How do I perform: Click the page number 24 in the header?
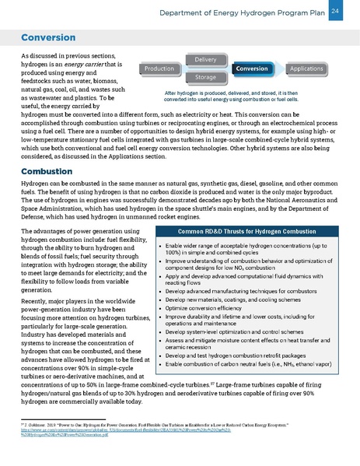click(335, 11)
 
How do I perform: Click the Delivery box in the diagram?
click(205, 60)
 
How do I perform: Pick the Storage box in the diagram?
click(205, 78)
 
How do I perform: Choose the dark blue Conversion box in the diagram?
click(252, 69)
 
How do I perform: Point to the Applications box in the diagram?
click(306, 69)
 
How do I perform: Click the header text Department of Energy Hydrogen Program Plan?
click(246, 12)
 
